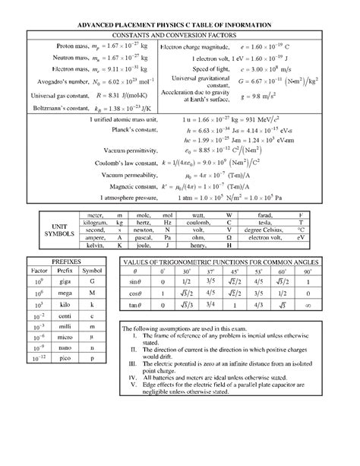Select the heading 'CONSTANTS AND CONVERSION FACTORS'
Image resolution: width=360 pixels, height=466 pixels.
pos(181,36)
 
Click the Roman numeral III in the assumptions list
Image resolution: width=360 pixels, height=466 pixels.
pos(134,361)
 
